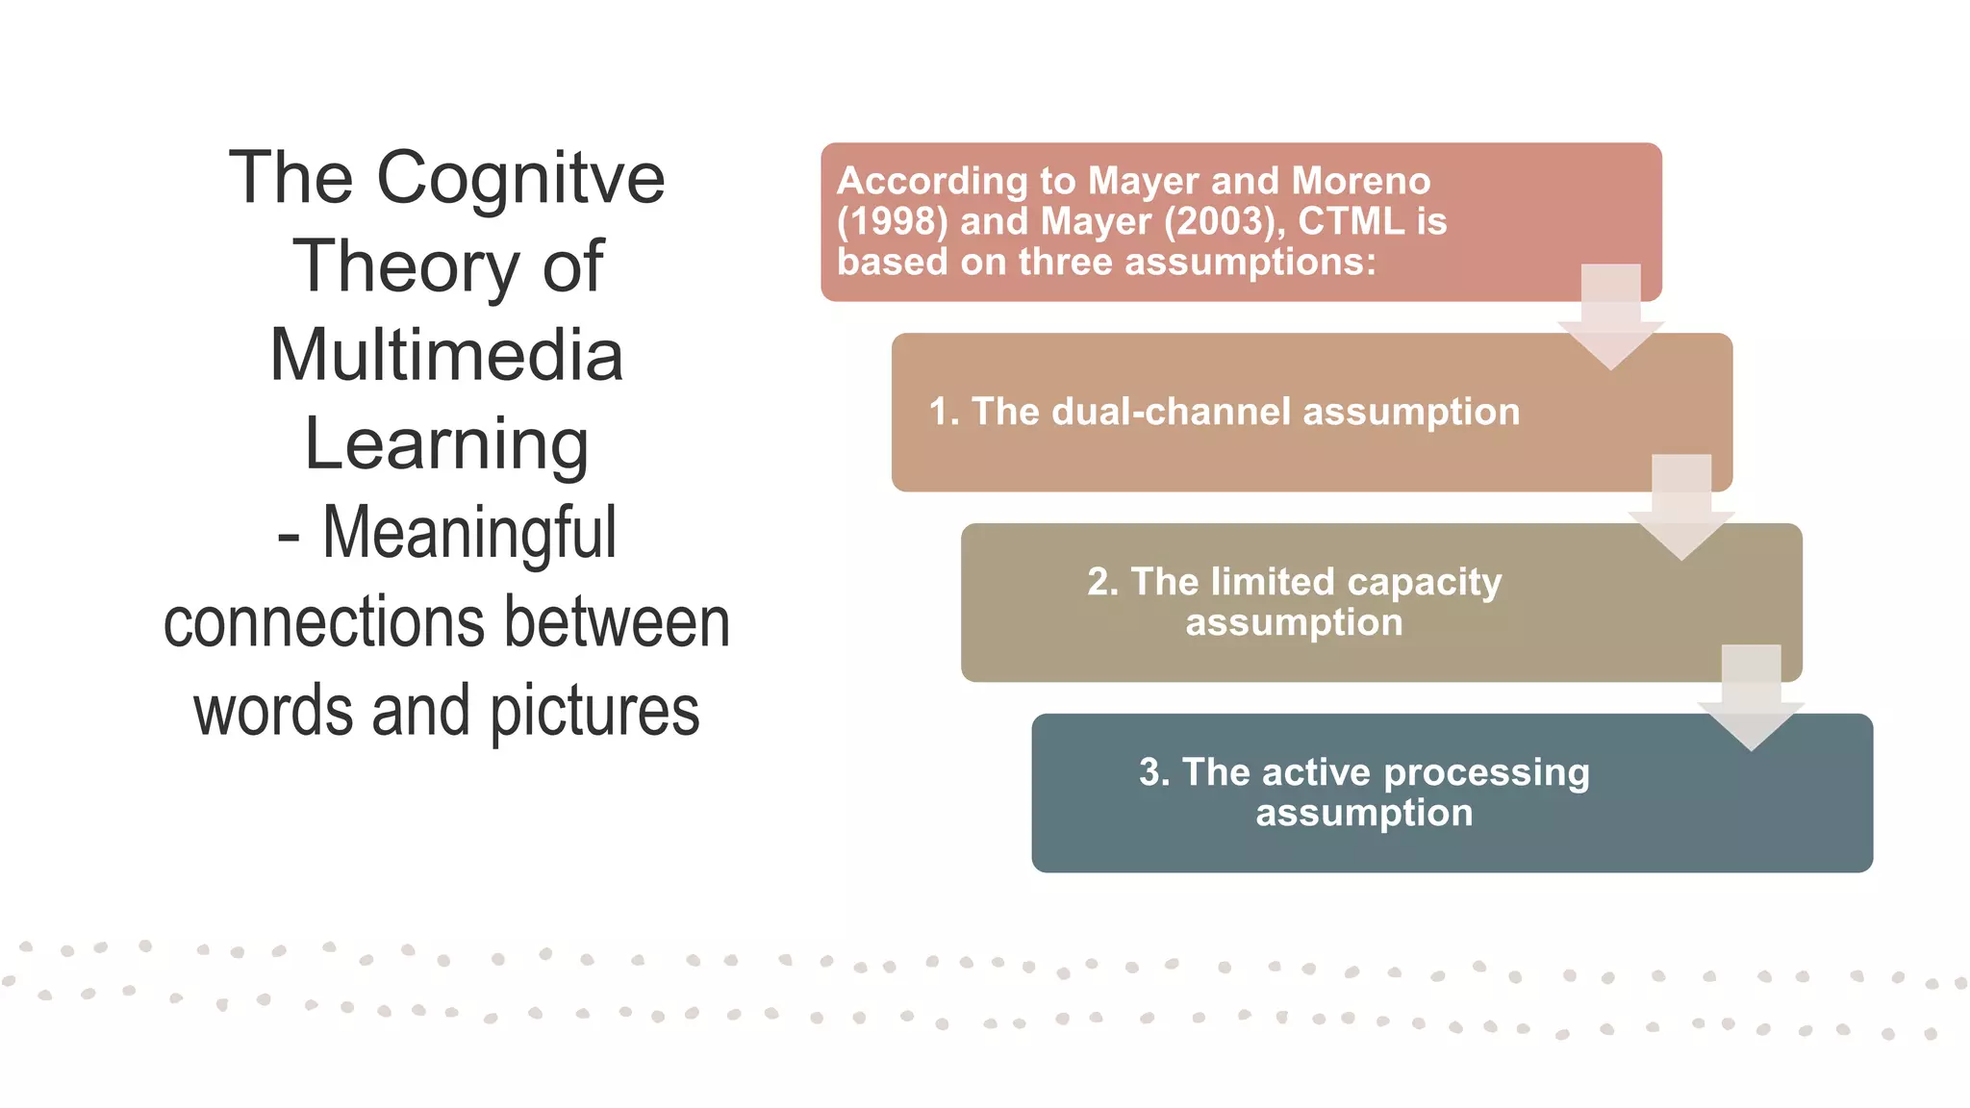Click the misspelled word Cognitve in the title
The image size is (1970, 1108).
519,180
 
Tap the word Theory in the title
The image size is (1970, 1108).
405,266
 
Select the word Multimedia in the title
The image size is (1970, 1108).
446,355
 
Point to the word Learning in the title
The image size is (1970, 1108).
446,444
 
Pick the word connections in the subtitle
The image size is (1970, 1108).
326,622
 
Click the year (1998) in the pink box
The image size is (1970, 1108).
892,221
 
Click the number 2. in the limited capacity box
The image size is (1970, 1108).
1102,582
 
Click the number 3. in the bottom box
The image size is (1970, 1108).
1153,772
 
